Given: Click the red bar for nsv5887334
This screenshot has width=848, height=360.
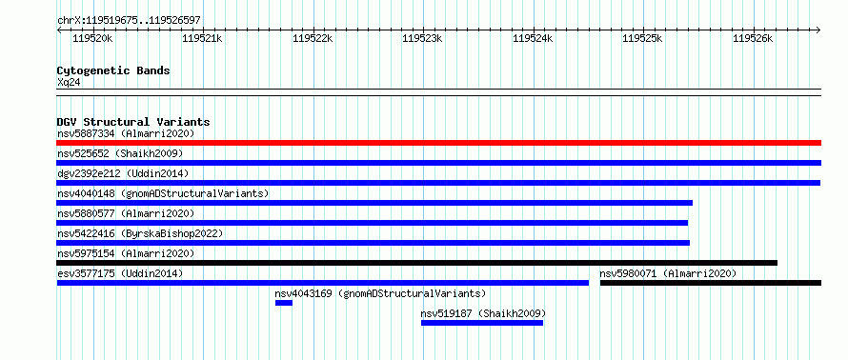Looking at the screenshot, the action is pyautogui.click(x=438, y=143).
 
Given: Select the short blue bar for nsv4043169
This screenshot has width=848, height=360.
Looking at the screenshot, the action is pyautogui.click(x=284, y=303).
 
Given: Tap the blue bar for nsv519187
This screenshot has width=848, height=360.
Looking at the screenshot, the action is pyautogui.click(x=482, y=323).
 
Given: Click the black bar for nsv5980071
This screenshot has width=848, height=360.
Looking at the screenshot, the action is pyautogui.click(x=711, y=283).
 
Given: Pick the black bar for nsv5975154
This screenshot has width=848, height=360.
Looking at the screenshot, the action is pyautogui.click(x=417, y=263).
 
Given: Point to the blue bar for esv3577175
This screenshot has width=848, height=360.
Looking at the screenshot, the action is pyautogui.click(x=323, y=283).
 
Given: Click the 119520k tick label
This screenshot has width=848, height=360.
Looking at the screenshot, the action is pyautogui.click(x=92, y=38).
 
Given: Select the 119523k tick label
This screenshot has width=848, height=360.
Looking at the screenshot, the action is pyautogui.click(x=422, y=38).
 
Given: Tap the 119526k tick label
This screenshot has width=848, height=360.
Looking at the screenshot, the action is pyautogui.click(x=753, y=38).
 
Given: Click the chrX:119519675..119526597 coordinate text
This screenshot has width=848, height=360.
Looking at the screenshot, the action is pyautogui.click(x=129, y=21).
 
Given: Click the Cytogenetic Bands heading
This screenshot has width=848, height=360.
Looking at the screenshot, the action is pyautogui.click(x=113, y=70).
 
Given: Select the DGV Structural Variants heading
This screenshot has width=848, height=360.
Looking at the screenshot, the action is pyautogui.click(x=133, y=122).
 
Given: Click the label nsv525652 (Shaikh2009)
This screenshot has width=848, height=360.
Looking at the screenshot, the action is pyautogui.click(x=120, y=153).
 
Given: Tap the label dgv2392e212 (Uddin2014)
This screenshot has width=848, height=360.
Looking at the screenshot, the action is pyautogui.click(x=123, y=173).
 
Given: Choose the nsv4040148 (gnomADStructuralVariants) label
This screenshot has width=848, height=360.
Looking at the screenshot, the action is pyautogui.click(x=163, y=193).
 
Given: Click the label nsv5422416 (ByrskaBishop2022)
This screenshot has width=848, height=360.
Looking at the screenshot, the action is pyautogui.click(x=140, y=233).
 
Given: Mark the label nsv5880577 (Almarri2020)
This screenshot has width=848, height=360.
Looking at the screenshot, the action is pyautogui.click(x=126, y=213).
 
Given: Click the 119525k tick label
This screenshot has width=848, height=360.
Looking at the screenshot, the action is pyautogui.click(x=642, y=38).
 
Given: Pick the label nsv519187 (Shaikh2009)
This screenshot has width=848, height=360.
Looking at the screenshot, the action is pyautogui.click(x=483, y=313).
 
